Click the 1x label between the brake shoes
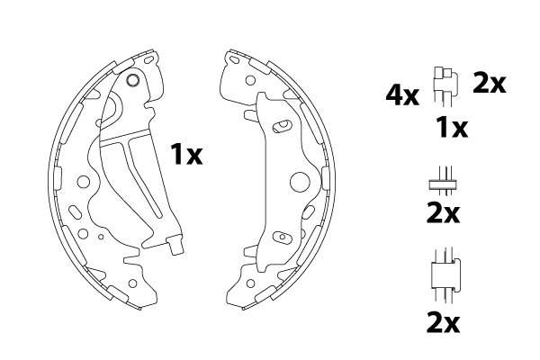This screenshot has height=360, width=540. [186, 154]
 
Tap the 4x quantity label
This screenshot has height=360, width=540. [402, 95]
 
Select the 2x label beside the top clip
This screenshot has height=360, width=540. [489, 83]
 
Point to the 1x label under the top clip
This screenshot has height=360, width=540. [452, 128]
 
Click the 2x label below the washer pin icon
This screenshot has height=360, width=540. [443, 213]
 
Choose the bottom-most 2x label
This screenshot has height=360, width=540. [443, 322]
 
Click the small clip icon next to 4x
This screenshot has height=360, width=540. [445, 85]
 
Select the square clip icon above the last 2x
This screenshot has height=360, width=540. [446, 274]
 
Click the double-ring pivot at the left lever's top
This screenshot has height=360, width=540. [132, 80]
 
